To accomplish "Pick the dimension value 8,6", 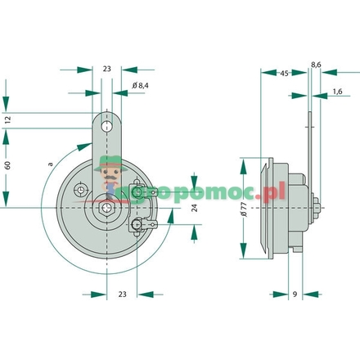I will [316, 61].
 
